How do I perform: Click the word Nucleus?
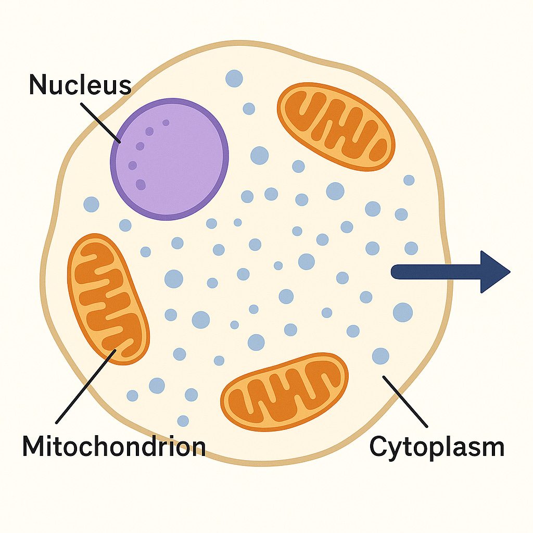pyautogui.click(x=80, y=85)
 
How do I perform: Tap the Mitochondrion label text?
pyautogui.click(x=113, y=446)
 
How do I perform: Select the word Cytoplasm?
pyautogui.click(x=437, y=447)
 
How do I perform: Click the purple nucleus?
pyautogui.click(x=169, y=159)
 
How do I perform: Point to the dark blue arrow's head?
pyautogui.click(x=494, y=271)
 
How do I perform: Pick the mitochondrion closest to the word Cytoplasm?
pyautogui.click(x=284, y=391)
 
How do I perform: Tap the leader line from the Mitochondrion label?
pyautogui.click(x=86, y=386)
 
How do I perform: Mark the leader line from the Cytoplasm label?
pyautogui.click(x=405, y=401)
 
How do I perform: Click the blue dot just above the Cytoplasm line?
pyautogui.click(x=380, y=356)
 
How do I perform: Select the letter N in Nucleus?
pyautogui.click(x=40, y=85)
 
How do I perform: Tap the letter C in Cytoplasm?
pyautogui.click(x=379, y=447)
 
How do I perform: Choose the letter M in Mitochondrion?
pyautogui.click(x=35, y=446)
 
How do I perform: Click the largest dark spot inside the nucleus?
pyautogui.click(x=141, y=184)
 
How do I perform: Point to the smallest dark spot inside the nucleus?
pyautogui.click(x=166, y=123)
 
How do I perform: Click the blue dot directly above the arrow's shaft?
pyautogui.click(x=411, y=248)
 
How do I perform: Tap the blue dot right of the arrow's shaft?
pyautogui.click(x=402, y=312)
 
